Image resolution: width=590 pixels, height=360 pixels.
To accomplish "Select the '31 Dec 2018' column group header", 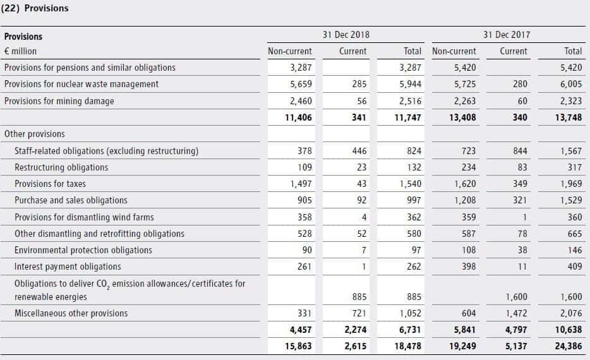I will (x=346, y=35).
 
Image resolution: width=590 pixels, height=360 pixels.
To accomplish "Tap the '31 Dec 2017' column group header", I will (x=507, y=35).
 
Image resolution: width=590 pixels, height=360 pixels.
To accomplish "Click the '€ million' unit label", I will (x=21, y=51).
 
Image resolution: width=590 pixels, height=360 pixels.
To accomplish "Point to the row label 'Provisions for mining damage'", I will (x=59, y=101).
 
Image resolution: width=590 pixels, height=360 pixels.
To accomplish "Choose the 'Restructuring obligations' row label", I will (x=61, y=167).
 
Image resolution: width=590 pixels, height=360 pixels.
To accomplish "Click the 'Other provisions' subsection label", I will (x=34, y=134).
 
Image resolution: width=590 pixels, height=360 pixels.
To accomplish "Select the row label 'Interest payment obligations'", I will (x=68, y=267).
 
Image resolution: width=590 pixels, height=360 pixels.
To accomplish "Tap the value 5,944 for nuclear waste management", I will (x=410, y=84).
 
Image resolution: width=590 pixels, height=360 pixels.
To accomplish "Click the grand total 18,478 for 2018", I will (x=408, y=346).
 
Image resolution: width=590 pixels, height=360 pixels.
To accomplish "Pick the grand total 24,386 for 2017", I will (x=569, y=346).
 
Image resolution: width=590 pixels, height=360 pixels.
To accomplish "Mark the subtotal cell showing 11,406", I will (x=298, y=117).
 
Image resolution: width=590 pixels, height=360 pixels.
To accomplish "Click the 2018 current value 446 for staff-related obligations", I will (x=358, y=151).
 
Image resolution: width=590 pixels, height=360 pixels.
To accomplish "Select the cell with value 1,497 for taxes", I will (x=300, y=184).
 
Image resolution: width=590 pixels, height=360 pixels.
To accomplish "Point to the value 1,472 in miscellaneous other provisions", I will (x=514, y=313).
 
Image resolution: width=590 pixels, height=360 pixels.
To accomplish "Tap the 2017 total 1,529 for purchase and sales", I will (x=570, y=200).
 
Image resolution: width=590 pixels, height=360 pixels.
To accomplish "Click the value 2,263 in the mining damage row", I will (x=464, y=101).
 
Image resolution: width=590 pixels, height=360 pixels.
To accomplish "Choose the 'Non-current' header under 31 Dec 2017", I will (x=454, y=51).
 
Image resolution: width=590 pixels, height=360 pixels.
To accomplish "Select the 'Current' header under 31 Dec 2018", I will (x=352, y=51).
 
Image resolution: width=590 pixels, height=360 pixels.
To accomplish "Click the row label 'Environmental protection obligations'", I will (x=83, y=250).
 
